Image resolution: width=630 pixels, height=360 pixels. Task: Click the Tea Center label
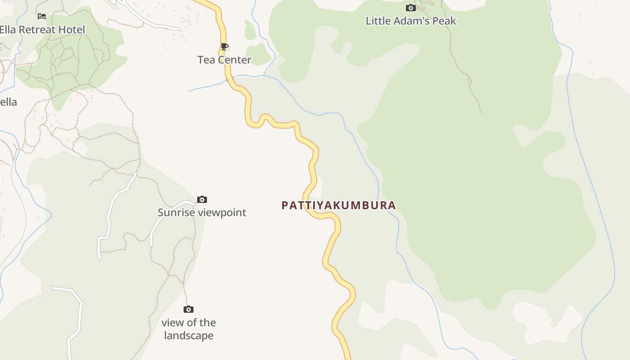(224, 60)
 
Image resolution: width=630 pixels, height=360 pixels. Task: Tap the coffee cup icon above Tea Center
(224, 46)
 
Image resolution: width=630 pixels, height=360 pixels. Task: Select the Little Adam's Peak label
(410, 21)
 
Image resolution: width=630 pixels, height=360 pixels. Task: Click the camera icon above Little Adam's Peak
(410, 8)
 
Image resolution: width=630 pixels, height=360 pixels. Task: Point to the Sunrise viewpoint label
(202, 212)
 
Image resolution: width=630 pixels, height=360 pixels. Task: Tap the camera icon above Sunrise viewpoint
(202, 199)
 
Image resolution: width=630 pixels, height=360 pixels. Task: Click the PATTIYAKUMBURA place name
(338, 206)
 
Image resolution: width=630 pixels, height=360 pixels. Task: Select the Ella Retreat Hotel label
(42, 30)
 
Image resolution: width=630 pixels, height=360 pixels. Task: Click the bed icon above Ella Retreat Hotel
(42, 16)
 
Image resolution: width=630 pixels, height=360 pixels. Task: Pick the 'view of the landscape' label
(189, 329)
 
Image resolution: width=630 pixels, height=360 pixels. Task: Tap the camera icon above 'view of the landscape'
(189, 309)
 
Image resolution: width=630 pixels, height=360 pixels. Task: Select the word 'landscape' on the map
(189, 336)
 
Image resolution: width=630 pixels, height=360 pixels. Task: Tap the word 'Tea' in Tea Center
(206, 60)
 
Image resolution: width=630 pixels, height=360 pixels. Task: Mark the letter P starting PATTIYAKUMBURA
(284, 206)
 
